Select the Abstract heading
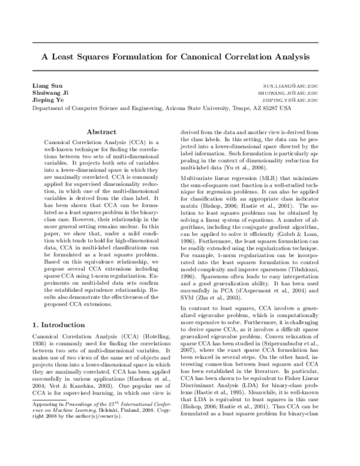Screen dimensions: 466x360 point(101,132)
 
